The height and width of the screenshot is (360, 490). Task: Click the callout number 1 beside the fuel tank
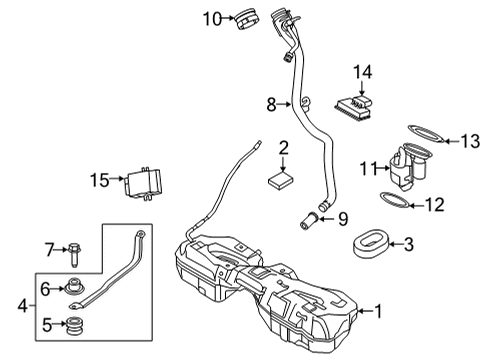[378, 311]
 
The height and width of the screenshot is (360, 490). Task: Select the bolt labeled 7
[76, 249]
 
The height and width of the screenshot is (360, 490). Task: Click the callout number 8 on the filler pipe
[270, 103]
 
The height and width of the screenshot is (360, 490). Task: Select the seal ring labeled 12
[396, 205]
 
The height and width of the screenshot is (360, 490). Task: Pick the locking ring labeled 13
[428, 131]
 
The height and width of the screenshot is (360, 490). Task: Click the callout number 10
[209, 18]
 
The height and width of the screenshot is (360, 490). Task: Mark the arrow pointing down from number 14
[363, 87]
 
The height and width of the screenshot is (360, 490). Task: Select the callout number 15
[97, 180]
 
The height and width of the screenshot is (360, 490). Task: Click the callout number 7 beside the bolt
[47, 248]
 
